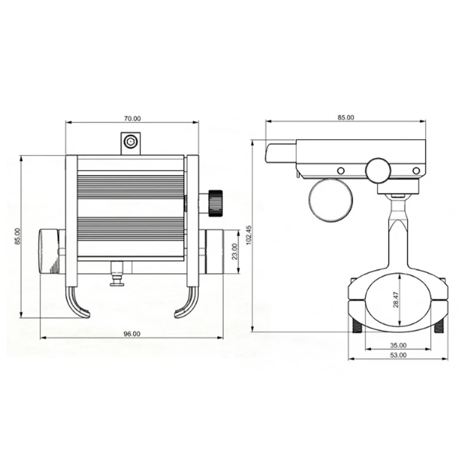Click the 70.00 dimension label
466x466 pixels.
(132, 119)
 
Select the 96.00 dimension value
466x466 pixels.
(132, 334)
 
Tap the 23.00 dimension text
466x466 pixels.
(235, 251)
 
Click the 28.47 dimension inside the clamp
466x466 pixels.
(396, 299)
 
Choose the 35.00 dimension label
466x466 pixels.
(398, 345)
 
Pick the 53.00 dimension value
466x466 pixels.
(398, 355)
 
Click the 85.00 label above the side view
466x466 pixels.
(346, 118)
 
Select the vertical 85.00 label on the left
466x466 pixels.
(18, 236)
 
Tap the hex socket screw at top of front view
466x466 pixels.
(130, 141)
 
